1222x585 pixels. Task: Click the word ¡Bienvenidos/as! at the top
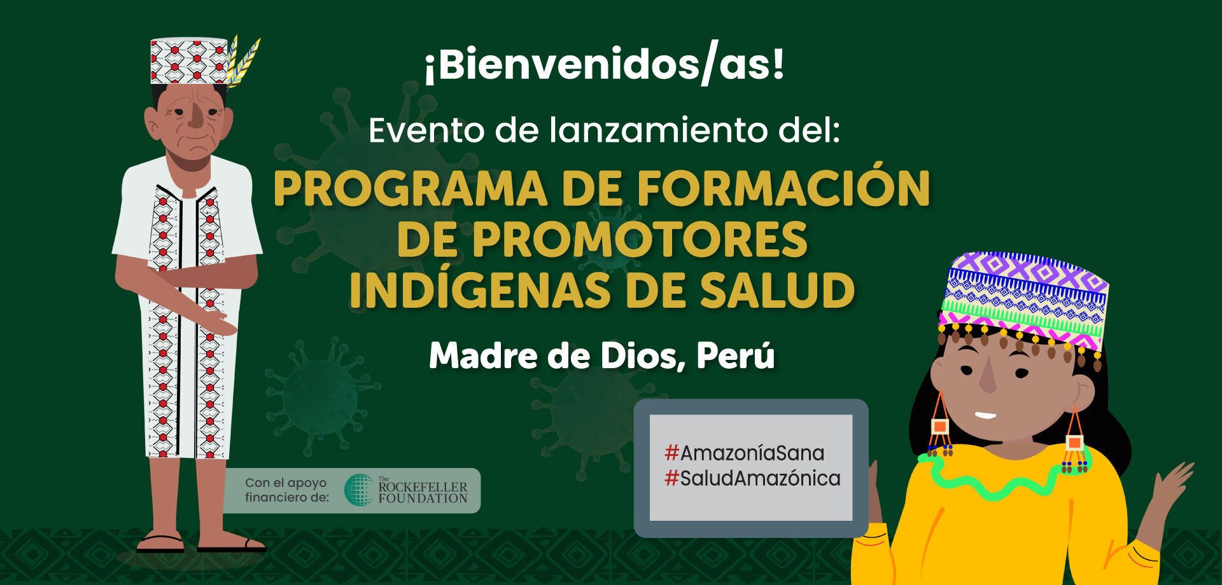pyautogui.click(x=605, y=64)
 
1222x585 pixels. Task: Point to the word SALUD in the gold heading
pyautogui.click(x=777, y=291)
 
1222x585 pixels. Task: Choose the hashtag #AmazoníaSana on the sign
pyautogui.click(x=745, y=453)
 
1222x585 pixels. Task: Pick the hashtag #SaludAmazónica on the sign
pyautogui.click(x=752, y=478)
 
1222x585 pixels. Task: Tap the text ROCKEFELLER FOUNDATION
pyautogui.click(x=423, y=492)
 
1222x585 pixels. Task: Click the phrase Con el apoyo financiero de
pyautogui.click(x=287, y=490)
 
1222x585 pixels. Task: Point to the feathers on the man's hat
pyautogui.click(x=243, y=62)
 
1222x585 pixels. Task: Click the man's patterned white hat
pyautogui.click(x=189, y=61)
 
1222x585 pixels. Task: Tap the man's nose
pyautogui.click(x=197, y=116)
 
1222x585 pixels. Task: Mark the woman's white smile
pyautogui.click(x=985, y=416)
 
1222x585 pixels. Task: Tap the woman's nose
pyautogui.click(x=988, y=375)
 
